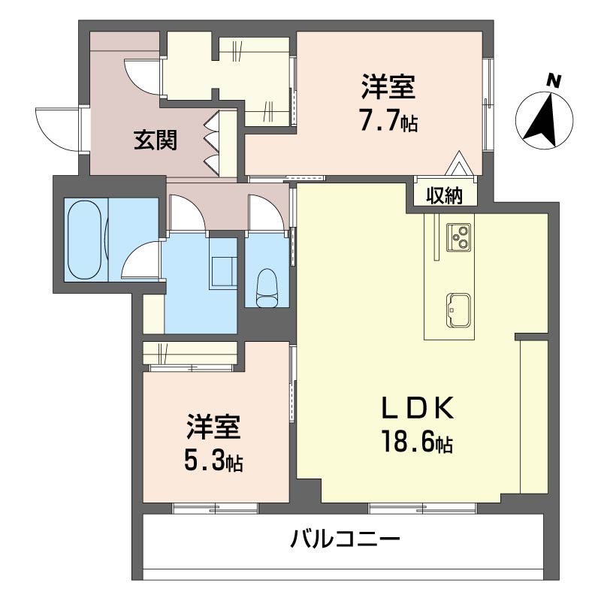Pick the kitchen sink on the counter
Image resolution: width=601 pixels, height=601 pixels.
coord(458,308)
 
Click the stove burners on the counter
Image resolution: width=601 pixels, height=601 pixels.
coord(459,237)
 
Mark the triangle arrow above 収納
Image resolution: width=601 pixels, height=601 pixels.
coord(458,163)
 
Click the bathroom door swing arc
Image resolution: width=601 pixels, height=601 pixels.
coord(140,261)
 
